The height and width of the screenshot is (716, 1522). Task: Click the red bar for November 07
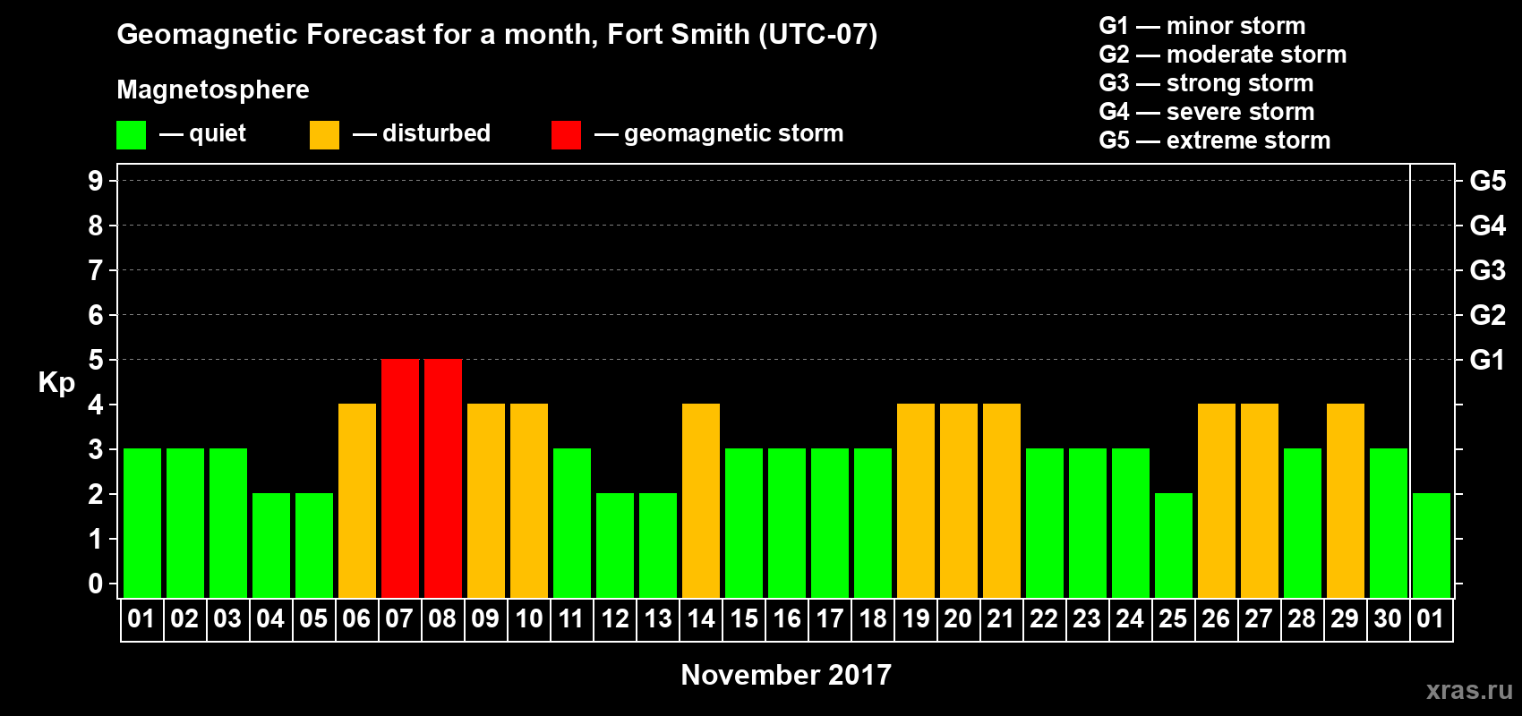coord(400,478)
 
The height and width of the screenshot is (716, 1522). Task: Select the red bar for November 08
coord(443,478)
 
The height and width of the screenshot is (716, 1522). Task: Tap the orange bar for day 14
coord(701,500)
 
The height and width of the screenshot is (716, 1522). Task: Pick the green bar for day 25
coord(1174,545)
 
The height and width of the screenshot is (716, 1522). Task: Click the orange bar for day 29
coord(1346,500)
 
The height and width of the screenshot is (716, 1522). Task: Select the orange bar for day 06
coord(357,500)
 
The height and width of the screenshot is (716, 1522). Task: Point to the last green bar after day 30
coord(1432,545)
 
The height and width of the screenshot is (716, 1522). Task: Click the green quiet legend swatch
coord(132,135)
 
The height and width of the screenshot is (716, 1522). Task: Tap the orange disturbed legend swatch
coord(324,135)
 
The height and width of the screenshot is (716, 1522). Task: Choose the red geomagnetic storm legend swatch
coord(566,135)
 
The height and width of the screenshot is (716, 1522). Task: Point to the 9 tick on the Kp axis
coord(96,181)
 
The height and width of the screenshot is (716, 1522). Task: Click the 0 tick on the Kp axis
coord(96,584)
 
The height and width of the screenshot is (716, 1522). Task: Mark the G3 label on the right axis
coord(1487,270)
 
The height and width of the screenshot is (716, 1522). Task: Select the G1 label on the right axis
coord(1487,360)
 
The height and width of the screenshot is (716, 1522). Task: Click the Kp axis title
coord(56,383)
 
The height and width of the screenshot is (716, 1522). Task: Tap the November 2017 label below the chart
coord(786,675)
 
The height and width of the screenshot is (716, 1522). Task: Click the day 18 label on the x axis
coord(873,618)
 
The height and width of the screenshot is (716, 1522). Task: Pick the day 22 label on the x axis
coord(1044,618)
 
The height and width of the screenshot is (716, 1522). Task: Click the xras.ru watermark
coord(1469,690)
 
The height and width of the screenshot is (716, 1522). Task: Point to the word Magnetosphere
coord(213,89)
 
